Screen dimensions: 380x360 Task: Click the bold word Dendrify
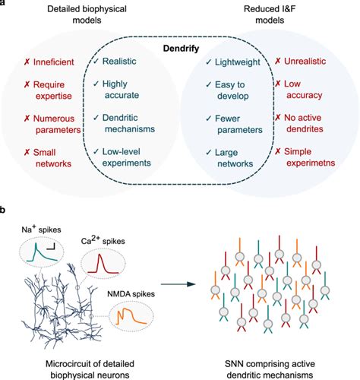click(179, 48)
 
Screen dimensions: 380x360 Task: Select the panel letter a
click(5, 5)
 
